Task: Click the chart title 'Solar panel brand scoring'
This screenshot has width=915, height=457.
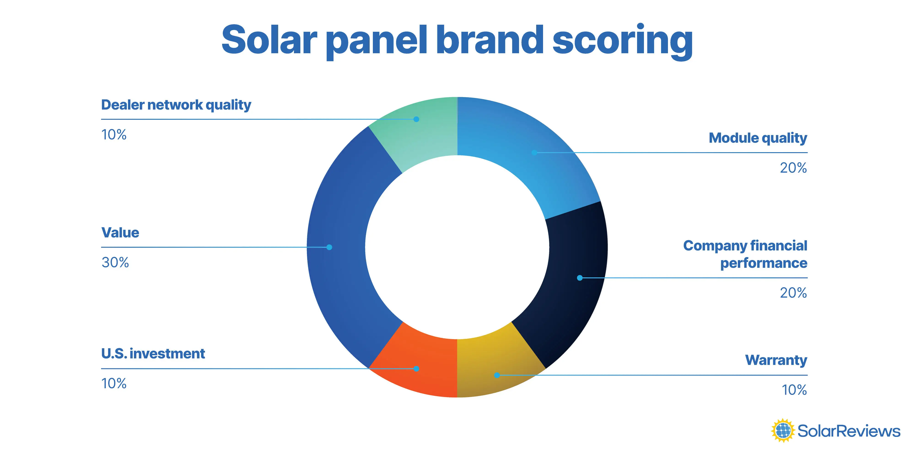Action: pyautogui.click(x=457, y=40)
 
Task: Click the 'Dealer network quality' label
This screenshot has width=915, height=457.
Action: pyautogui.click(x=176, y=105)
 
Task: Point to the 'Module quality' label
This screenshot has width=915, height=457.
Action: pyautogui.click(x=758, y=138)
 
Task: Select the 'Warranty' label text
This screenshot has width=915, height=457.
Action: pyautogui.click(x=776, y=360)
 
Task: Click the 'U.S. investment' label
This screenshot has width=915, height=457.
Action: pyautogui.click(x=153, y=354)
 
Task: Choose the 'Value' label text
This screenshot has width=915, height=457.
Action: pyautogui.click(x=120, y=233)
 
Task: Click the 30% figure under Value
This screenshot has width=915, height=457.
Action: pyautogui.click(x=115, y=263)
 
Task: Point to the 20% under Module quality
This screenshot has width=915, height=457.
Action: pyautogui.click(x=793, y=168)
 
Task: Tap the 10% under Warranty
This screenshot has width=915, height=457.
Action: pyautogui.click(x=794, y=390)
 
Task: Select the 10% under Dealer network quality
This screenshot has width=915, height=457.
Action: pyautogui.click(x=114, y=135)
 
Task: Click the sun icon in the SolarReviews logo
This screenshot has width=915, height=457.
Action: pyautogui.click(x=783, y=431)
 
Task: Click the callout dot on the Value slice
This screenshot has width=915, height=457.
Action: pyautogui.click(x=329, y=247)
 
